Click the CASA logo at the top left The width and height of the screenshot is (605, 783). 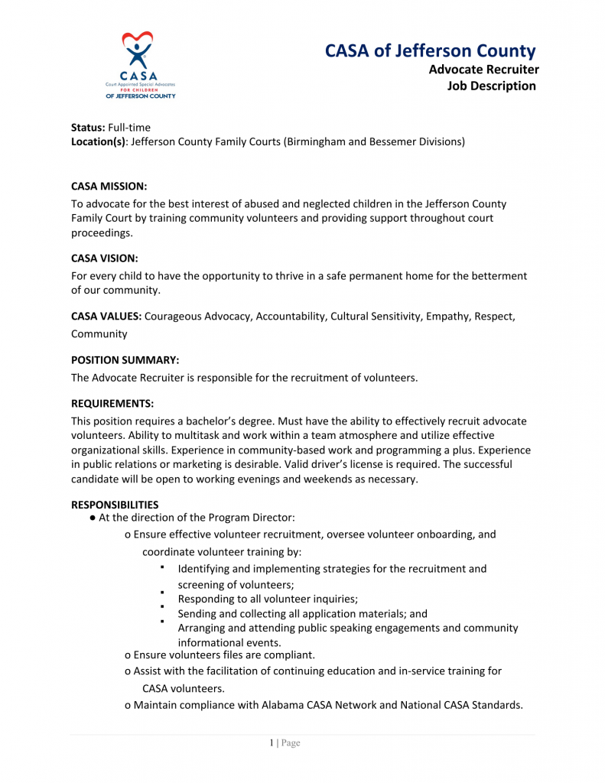coord(140,65)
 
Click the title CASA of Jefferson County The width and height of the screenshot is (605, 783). coord(431,51)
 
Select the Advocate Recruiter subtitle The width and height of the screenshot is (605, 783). coord(483,70)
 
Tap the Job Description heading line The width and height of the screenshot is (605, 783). coord(492,86)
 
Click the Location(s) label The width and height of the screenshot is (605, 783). coord(98,141)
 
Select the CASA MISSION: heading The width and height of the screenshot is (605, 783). coord(109,186)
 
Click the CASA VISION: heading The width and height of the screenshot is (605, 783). coord(105,258)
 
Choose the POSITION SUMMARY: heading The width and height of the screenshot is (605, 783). coord(125,359)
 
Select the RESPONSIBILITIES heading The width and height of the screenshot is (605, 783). coord(115,505)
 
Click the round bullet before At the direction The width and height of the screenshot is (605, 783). coord(92,518)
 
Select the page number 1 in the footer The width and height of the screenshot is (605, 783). coord(272,743)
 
